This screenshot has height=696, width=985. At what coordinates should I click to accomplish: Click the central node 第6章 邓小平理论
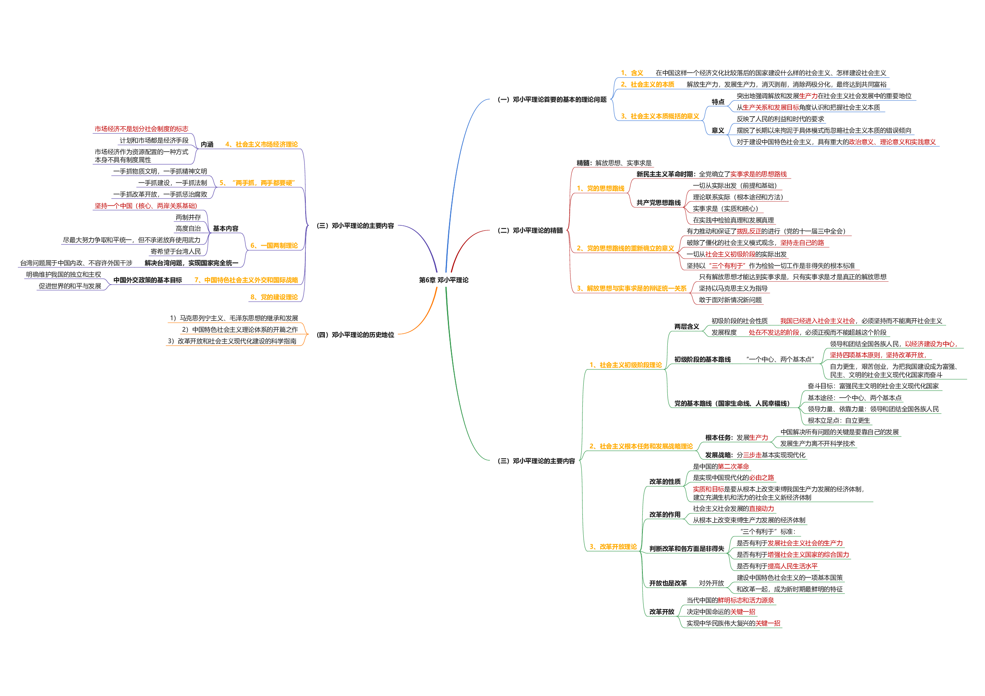point(443,280)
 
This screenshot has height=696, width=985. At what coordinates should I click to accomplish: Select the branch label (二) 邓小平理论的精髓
point(530,231)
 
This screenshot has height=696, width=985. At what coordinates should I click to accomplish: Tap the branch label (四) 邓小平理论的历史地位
point(355,335)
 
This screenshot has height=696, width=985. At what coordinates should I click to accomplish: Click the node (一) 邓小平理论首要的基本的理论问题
point(552,100)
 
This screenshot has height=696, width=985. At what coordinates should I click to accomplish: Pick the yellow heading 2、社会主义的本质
point(648,85)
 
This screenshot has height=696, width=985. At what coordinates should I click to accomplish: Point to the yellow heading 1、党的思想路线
point(601,188)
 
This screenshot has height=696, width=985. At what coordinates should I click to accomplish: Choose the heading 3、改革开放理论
point(613,547)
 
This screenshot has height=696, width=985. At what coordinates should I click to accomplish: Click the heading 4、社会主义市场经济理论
point(261,144)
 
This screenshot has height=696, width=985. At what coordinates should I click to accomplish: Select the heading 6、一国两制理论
point(274,246)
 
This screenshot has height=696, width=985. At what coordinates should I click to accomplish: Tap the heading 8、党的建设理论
point(274,297)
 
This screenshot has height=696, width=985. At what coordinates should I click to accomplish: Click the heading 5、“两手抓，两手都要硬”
point(257,183)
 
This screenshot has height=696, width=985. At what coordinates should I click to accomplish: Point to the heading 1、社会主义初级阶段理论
point(625,365)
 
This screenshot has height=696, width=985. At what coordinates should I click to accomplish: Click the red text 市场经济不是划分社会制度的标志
point(141,129)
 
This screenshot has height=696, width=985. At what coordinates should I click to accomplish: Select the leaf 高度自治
point(188,229)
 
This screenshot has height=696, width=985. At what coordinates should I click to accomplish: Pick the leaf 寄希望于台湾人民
point(175,251)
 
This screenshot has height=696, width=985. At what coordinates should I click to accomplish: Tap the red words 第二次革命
point(733,467)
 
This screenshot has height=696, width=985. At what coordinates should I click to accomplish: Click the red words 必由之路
point(761,478)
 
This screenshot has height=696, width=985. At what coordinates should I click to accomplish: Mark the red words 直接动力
point(761,509)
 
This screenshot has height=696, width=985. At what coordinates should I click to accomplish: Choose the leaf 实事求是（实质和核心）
point(725,209)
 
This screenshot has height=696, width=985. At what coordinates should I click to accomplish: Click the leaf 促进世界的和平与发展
point(70,286)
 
